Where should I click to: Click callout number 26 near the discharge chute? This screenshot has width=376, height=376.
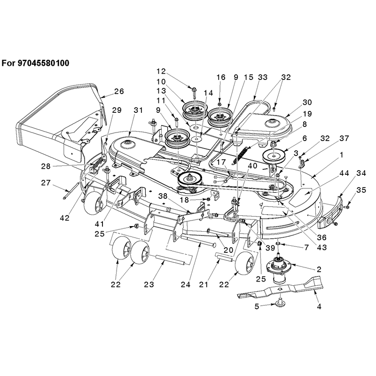pyautogui.click(x=119, y=91)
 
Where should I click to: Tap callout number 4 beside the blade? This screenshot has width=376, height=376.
pyautogui.click(x=319, y=306)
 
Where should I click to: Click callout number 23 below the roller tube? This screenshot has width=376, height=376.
pyautogui.click(x=149, y=284)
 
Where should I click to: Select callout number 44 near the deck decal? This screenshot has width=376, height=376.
pyautogui.click(x=344, y=173)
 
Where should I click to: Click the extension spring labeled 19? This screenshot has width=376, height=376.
pyautogui.click(x=241, y=155)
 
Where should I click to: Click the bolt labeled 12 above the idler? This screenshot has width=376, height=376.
pyautogui.click(x=194, y=93)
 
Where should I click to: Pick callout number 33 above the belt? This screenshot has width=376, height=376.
pyautogui.click(x=263, y=77)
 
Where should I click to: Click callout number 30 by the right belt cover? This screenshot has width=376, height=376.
pyautogui.click(x=307, y=102)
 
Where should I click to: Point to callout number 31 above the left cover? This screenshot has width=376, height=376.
pyautogui.click(x=138, y=110)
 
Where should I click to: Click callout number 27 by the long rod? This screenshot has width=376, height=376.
pyautogui.click(x=46, y=183)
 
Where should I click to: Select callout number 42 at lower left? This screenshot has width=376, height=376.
pyautogui.click(x=64, y=218)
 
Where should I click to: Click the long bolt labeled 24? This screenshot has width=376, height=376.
pyautogui.click(x=199, y=242)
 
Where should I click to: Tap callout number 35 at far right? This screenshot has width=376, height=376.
pyautogui.click(x=361, y=190)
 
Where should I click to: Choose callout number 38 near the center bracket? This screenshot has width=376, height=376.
pyautogui.click(x=163, y=196)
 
